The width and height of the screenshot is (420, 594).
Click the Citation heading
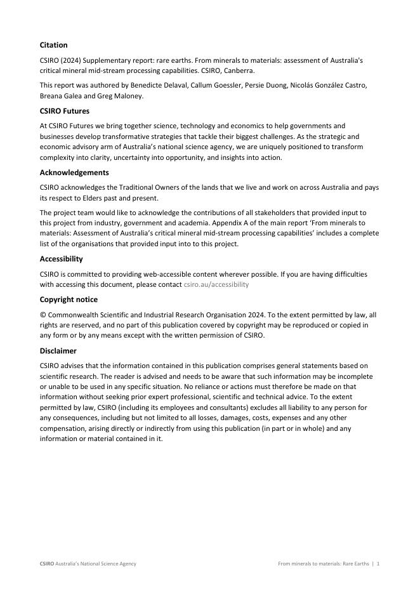(53, 45)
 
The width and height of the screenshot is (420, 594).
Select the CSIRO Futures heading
(64, 111)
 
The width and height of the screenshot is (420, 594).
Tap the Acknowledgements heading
(74, 172)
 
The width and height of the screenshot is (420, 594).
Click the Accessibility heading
(61, 259)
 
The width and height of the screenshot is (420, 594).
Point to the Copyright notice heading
(69, 300)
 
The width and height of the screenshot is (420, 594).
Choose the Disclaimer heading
(58, 350)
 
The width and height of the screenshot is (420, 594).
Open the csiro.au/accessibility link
(216, 284)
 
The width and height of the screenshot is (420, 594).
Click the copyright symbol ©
(43, 315)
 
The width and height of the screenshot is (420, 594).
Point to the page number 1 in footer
(378, 564)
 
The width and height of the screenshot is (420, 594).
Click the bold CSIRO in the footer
(46, 564)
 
